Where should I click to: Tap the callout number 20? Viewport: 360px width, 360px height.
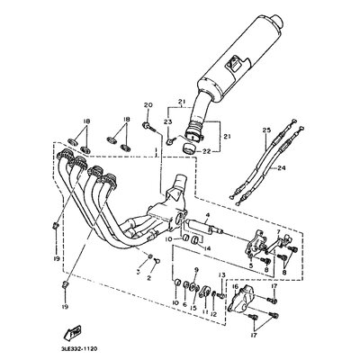click(x=149, y=106)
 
